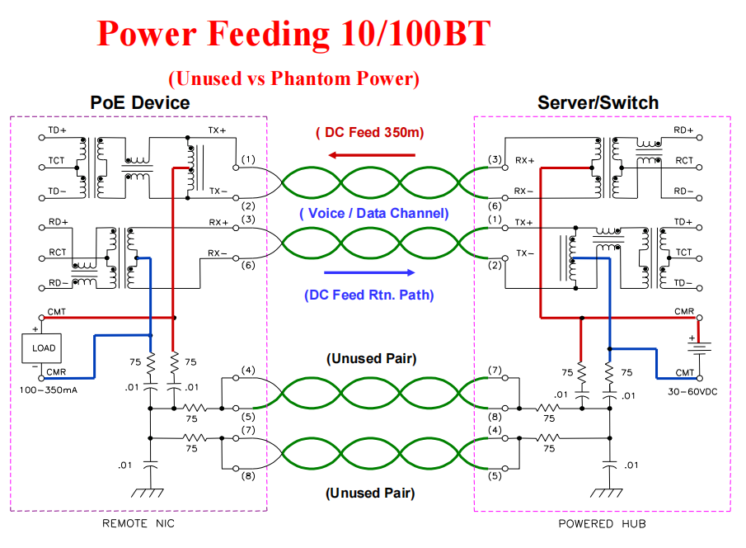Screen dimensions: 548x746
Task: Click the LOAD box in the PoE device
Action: coord(44,347)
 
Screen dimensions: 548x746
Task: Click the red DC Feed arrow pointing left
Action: coord(370,154)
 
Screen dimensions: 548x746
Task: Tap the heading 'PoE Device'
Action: coord(139,102)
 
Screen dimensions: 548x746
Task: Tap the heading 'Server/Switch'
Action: coord(598,102)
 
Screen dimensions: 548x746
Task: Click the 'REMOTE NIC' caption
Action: coord(138,523)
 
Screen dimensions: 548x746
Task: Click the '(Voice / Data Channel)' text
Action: coord(373,213)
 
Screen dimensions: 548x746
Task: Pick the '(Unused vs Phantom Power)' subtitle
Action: coord(294,78)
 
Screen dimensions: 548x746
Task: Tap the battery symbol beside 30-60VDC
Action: coord(701,349)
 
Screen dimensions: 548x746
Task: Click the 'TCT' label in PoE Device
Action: coord(56,160)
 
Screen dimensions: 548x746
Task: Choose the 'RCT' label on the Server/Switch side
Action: coord(683,160)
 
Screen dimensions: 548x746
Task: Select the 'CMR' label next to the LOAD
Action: coord(57,372)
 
